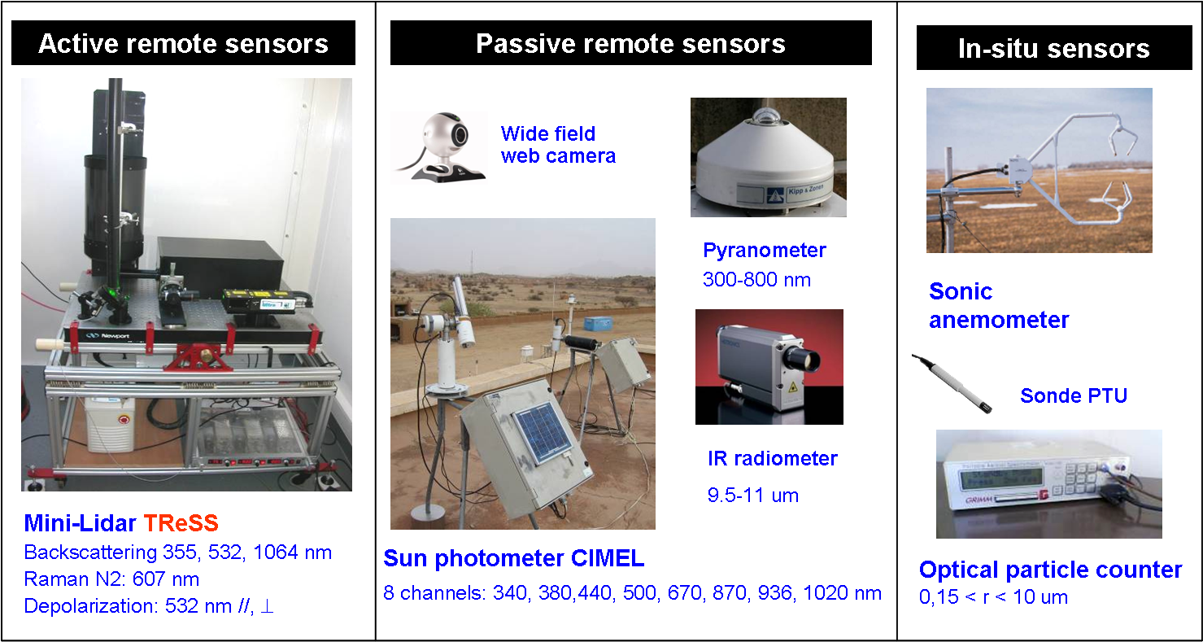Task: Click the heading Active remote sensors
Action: tap(183, 44)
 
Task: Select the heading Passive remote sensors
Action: tap(630, 44)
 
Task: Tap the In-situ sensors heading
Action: tap(1053, 49)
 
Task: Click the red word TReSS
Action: tap(181, 524)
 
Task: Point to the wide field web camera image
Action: tap(439, 148)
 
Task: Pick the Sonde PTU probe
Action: tap(952, 382)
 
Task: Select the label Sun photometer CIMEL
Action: tap(513, 559)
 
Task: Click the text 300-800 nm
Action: tap(756, 280)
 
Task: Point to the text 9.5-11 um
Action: tap(753, 495)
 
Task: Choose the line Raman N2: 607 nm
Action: tap(111, 579)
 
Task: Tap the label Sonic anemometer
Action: tap(998, 306)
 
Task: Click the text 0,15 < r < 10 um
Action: tap(993, 597)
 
